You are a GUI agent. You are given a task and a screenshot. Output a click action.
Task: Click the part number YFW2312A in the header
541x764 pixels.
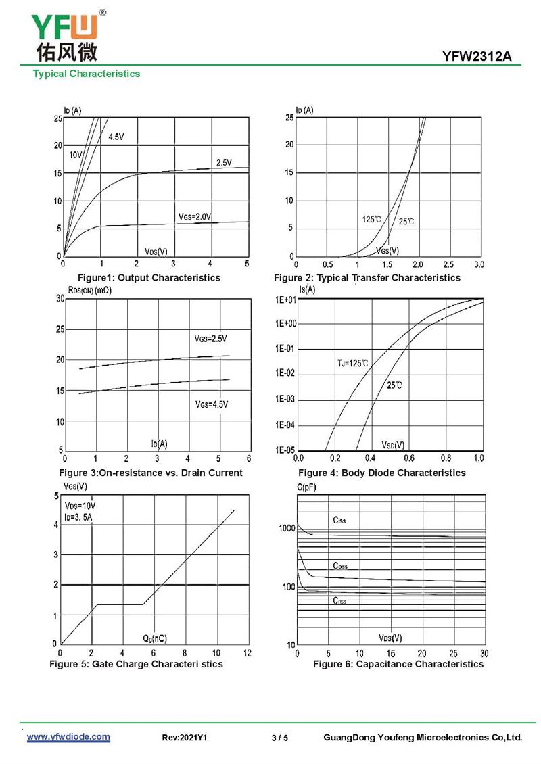(x=477, y=57)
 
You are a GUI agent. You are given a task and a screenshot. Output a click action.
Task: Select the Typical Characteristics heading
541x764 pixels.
(x=87, y=74)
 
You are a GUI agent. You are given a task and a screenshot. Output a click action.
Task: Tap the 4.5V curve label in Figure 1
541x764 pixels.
(x=116, y=137)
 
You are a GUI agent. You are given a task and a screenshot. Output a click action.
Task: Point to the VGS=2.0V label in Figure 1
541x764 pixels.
(x=195, y=216)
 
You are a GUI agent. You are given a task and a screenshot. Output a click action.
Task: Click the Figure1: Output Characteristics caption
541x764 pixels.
(x=149, y=277)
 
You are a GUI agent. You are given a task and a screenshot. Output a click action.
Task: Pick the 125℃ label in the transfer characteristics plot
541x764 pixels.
(x=371, y=219)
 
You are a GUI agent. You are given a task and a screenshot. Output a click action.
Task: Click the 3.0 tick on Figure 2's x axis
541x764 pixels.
(x=479, y=264)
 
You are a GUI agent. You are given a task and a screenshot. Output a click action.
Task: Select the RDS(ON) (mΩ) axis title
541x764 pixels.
(x=90, y=290)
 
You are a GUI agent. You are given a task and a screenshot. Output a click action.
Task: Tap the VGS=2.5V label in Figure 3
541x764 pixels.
(x=211, y=338)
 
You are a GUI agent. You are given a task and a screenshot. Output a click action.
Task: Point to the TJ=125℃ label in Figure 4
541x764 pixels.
(x=353, y=364)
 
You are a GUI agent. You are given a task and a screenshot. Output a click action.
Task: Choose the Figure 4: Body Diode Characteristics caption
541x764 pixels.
(x=382, y=473)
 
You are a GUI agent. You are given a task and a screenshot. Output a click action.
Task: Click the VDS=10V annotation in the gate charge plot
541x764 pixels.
(x=80, y=506)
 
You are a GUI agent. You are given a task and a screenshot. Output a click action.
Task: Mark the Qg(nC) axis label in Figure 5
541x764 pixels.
(x=155, y=638)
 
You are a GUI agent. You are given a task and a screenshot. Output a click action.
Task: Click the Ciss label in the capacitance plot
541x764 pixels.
(x=339, y=521)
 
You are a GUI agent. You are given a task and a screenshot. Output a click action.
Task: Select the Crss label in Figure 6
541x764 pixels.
(x=339, y=600)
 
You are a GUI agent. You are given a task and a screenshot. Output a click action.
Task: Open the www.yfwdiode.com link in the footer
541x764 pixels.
(x=68, y=736)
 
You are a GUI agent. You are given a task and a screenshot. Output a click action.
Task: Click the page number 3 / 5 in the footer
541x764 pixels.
(x=279, y=738)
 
